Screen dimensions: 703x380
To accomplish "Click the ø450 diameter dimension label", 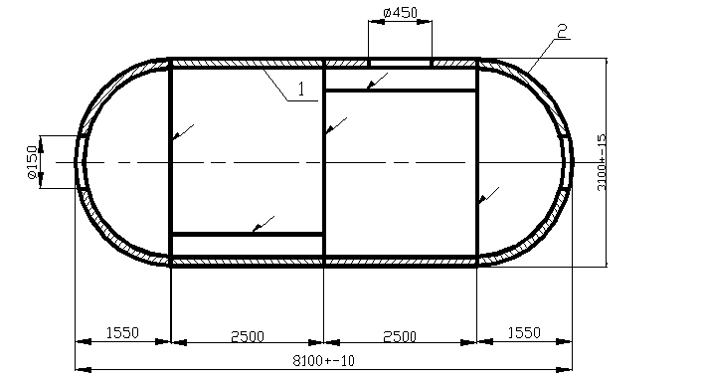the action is point(401,13).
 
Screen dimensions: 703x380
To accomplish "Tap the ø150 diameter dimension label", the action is point(33,162).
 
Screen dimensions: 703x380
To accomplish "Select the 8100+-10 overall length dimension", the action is point(323,360).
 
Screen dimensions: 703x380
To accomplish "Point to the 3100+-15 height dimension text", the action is point(602,162).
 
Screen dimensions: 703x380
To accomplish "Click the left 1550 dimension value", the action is point(122,333).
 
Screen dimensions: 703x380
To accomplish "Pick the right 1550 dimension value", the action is point(524,333).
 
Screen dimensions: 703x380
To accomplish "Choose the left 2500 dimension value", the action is point(248,336).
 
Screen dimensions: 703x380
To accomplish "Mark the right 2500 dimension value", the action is point(400,336).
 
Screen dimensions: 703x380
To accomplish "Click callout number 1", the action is point(301,90).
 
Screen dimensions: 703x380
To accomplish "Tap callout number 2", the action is point(562,31).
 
